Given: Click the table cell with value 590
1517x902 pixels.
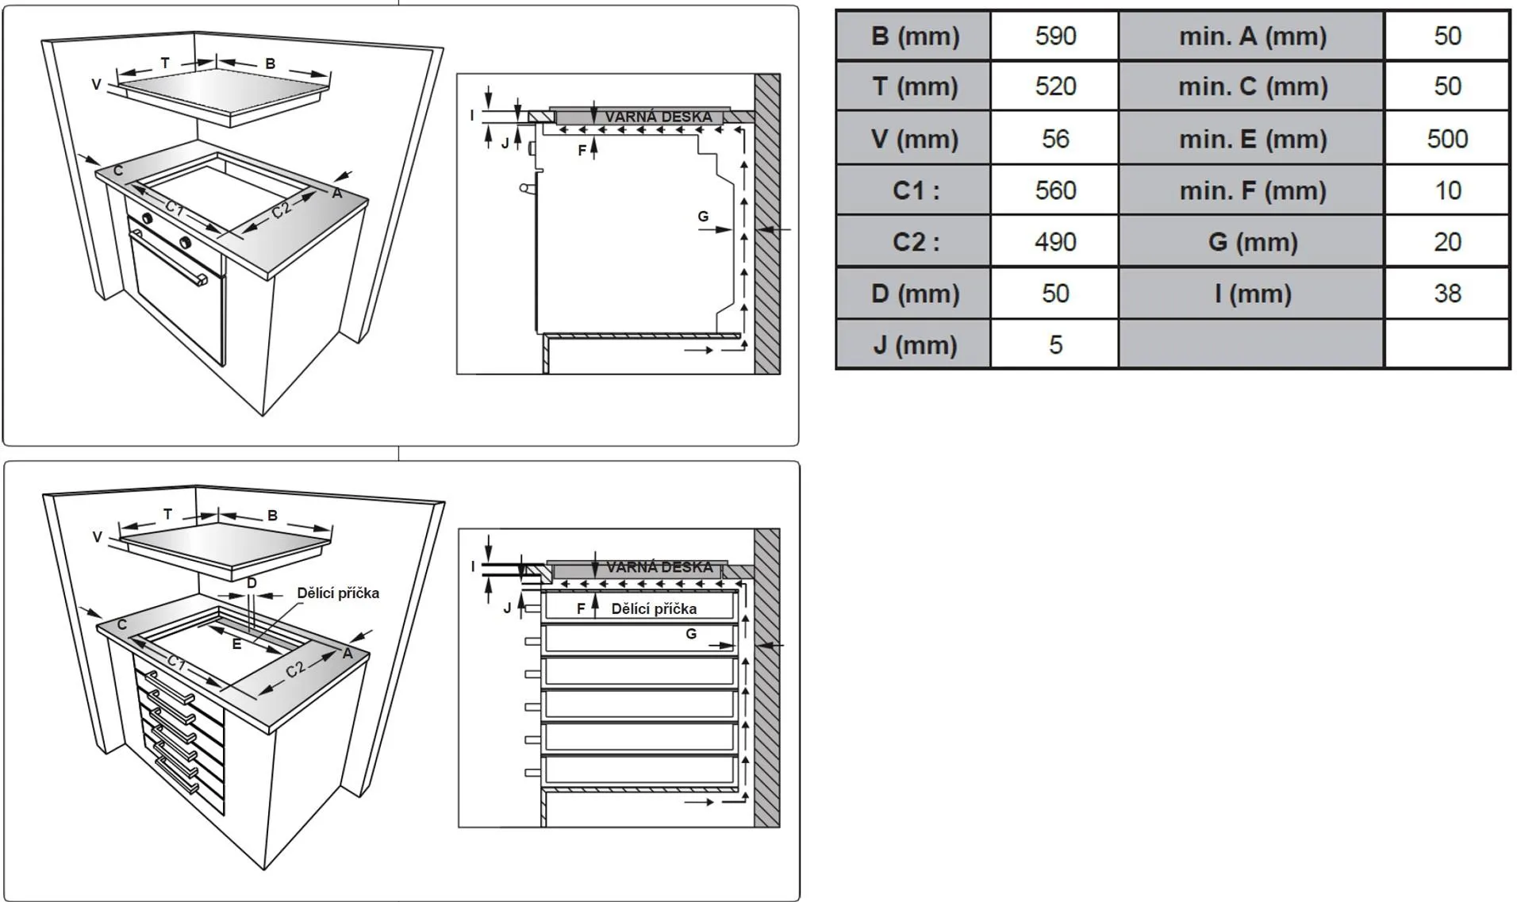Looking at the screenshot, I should pyautogui.click(x=1054, y=36).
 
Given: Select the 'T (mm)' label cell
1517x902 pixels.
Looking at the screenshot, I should pyautogui.click(x=914, y=86).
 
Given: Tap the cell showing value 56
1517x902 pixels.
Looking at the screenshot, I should pyautogui.click(x=1054, y=139).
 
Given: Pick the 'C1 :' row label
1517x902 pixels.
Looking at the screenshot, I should pyautogui.click(x=914, y=190).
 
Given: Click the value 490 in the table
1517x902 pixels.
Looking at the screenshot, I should pyautogui.click(x=1054, y=242).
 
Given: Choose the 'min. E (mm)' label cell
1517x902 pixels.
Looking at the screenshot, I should pyautogui.click(x=1252, y=139).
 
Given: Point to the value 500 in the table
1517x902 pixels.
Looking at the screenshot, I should pyautogui.click(x=1446, y=139).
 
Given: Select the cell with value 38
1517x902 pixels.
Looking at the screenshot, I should pyautogui.click(x=1446, y=294).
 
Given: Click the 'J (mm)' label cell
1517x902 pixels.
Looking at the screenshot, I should pyautogui.click(x=914, y=345).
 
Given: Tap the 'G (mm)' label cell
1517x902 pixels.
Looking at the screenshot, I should pyautogui.click(x=1252, y=242).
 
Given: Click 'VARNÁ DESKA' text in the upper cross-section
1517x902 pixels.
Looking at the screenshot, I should pyautogui.click(x=658, y=117).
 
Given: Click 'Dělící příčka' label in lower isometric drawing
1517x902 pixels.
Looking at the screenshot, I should pyautogui.click(x=338, y=593).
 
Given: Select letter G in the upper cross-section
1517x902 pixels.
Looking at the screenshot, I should pyautogui.click(x=703, y=216).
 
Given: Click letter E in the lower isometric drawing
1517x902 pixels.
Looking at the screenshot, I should pyautogui.click(x=236, y=644).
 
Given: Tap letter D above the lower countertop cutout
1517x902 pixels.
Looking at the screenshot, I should pyautogui.click(x=252, y=583).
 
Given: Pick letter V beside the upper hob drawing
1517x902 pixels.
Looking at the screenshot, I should pyautogui.click(x=96, y=84).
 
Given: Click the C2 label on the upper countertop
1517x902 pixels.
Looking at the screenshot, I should pyautogui.click(x=282, y=209).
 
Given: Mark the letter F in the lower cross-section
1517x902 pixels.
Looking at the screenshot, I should pyautogui.click(x=581, y=608).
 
